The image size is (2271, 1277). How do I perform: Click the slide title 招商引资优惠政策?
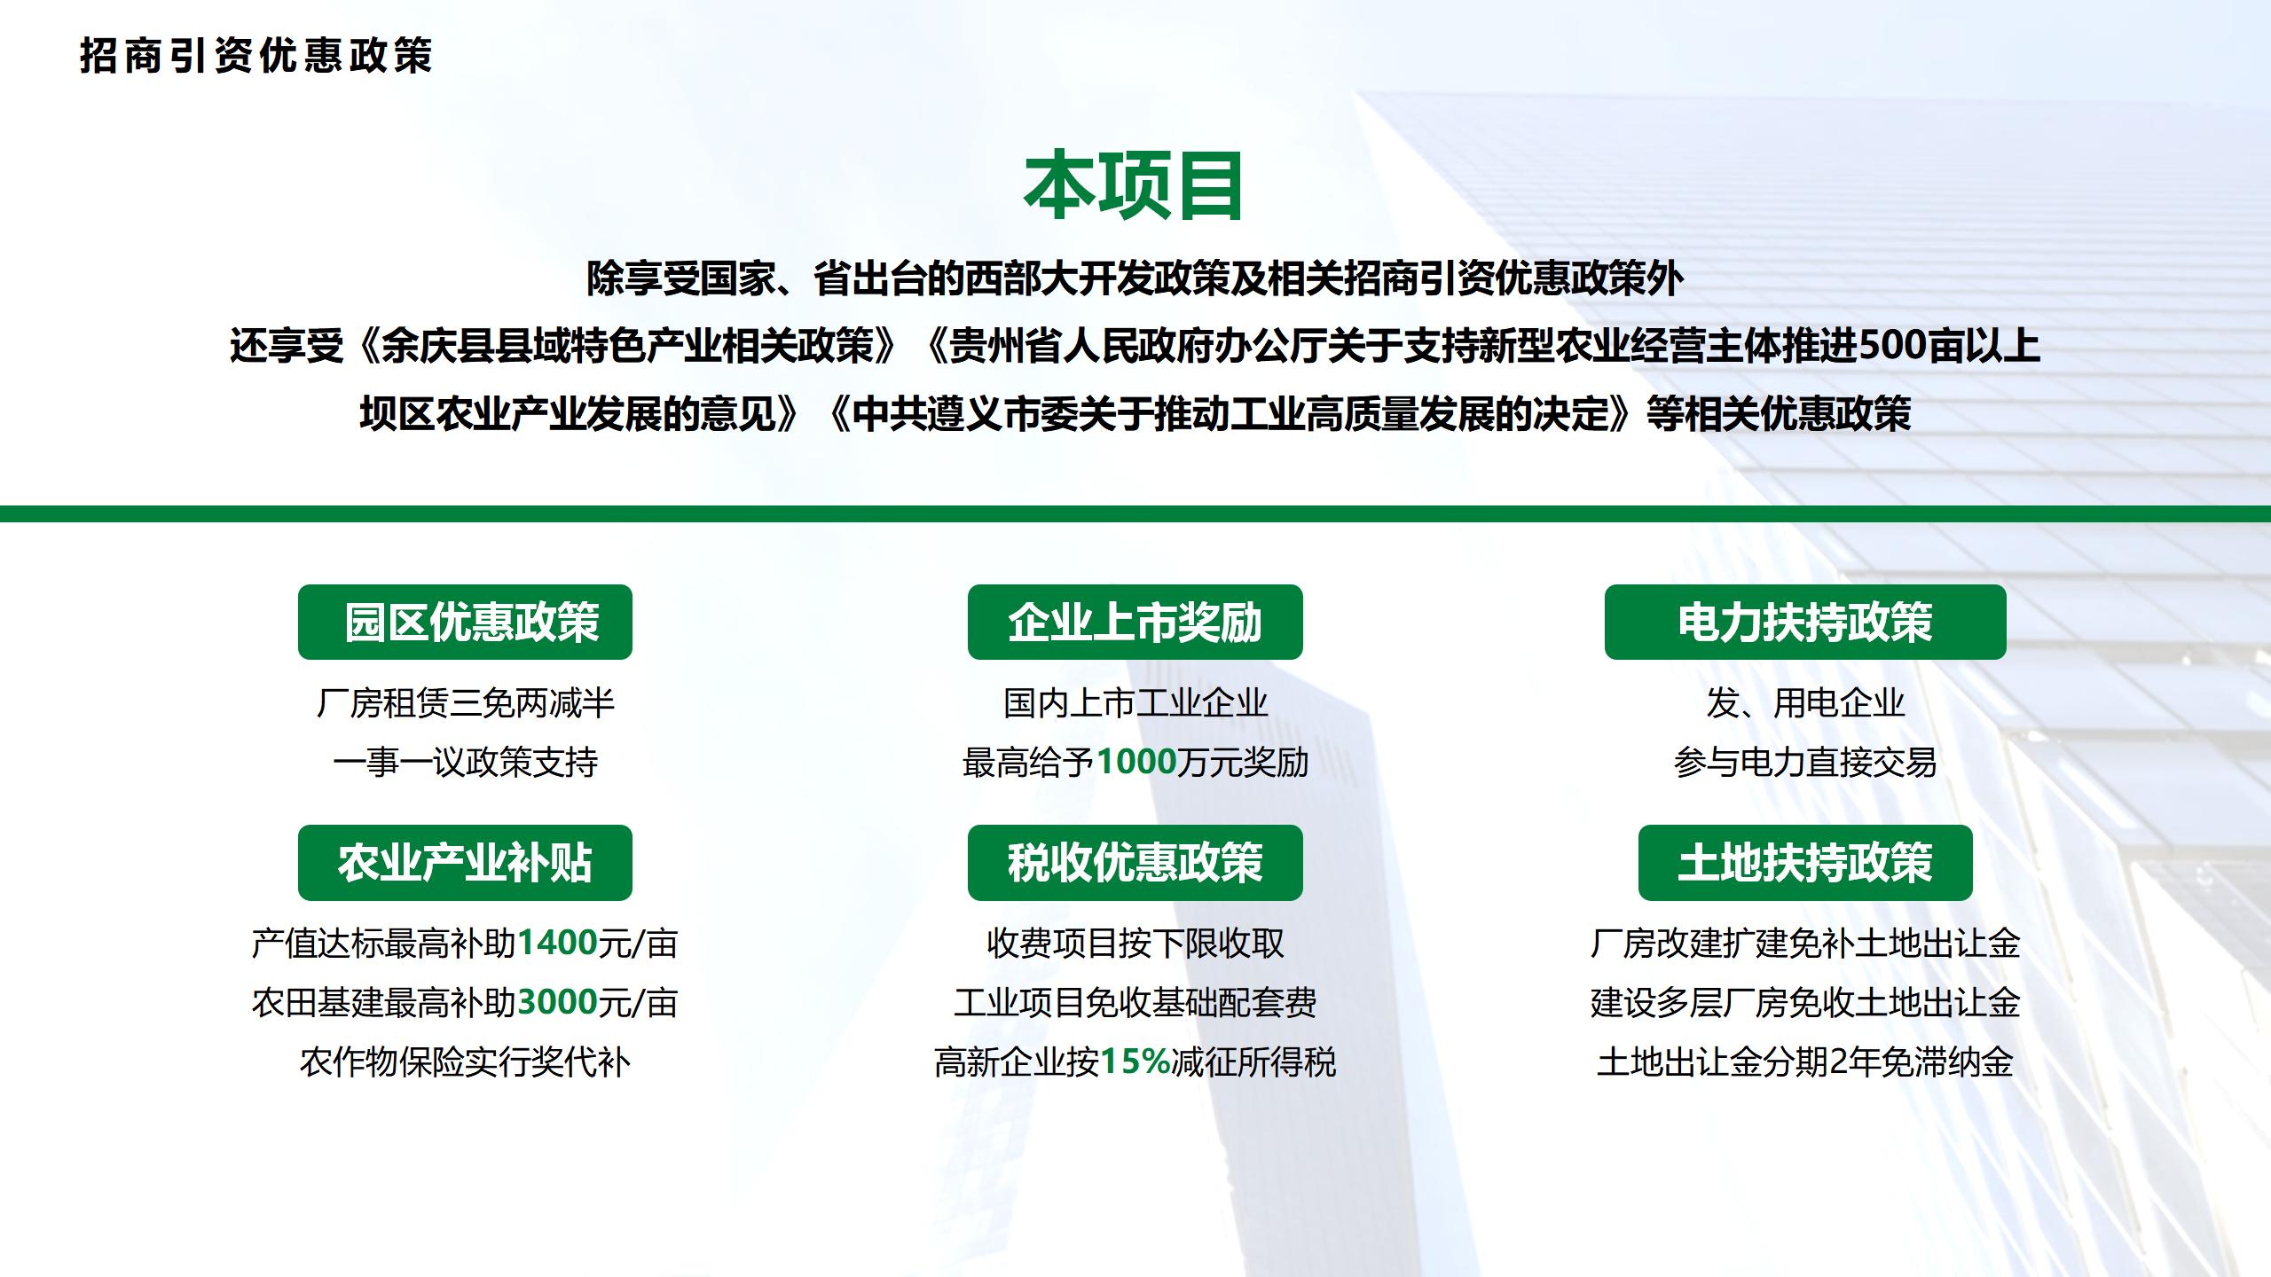pyautogui.click(x=255, y=55)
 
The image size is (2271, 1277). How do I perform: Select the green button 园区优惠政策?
pyautogui.click(x=465, y=622)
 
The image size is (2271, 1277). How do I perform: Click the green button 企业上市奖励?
pyautogui.click(x=1135, y=622)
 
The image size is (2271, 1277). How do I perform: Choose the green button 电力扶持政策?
pyautogui.click(x=1805, y=622)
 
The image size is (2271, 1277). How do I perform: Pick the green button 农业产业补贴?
pyautogui.click(x=465, y=863)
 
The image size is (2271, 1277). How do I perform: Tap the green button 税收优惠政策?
pyautogui.click(x=1135, y=863)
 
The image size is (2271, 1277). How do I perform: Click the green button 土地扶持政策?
pyautogui.click(x=1805, y=863)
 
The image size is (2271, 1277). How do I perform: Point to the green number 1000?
pyautogui.click(x=1136, y=762)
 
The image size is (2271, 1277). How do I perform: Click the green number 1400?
pyautogui.click(x=557, y=943)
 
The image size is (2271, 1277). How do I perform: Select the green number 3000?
pyautogui.click(x=557, y=1002)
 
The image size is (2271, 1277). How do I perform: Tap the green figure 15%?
pyautogui.click(x=1135, y=1062)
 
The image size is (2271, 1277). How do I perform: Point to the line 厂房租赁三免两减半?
pyautogui.click(x=465, y=703)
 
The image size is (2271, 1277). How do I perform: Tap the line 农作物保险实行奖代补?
pyautogui.click(x=465, y=1062)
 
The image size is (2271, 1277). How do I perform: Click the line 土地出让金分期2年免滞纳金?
pyautogui.click(x=1805, y=1062)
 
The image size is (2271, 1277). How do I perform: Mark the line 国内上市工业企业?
pyautogui.click(x=1135, y=703)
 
